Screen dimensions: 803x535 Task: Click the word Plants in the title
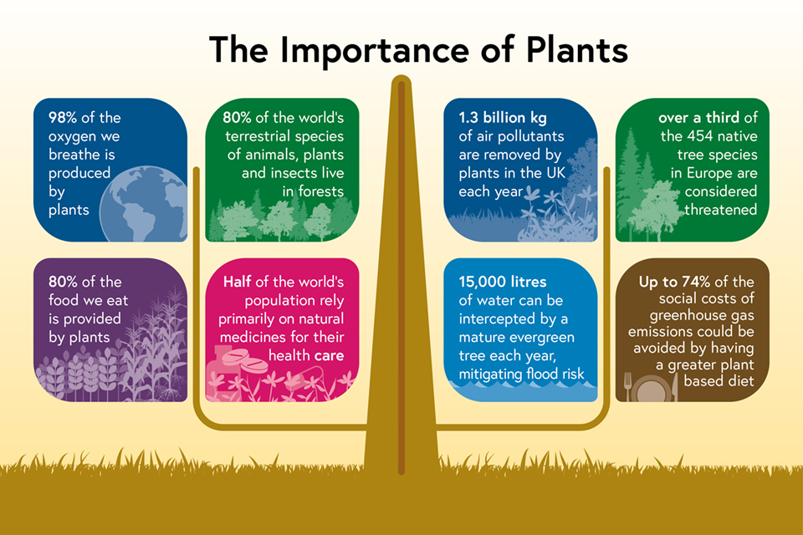point(576,50)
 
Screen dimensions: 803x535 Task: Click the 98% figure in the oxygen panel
point(63,117)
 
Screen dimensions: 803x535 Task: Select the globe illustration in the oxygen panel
point(143,204)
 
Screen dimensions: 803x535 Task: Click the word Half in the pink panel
point(237,282)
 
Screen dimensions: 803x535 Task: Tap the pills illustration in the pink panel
point(238,363)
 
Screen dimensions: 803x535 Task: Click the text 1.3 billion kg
point(503,118)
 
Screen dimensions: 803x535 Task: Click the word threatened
point(720,209)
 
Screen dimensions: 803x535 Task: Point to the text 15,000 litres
point(503,282)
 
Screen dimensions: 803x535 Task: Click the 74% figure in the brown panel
point(695,282)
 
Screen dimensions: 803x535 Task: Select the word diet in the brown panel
point(742,381)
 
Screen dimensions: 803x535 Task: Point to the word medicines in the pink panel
point(245,337)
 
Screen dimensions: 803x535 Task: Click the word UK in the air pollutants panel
point(555,172)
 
